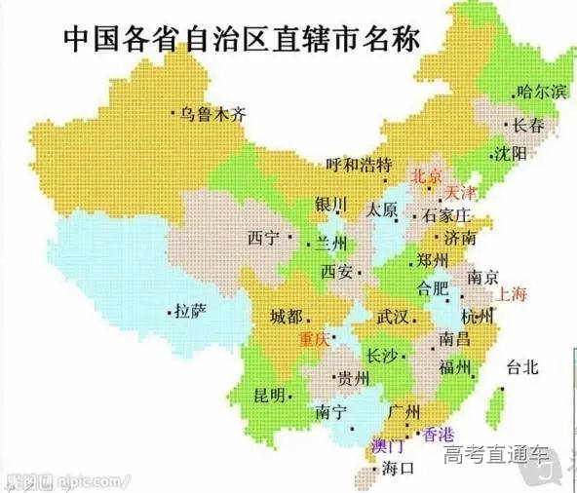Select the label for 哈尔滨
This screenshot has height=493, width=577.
pos(543,93)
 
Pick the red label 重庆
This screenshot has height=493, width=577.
pos(314,338)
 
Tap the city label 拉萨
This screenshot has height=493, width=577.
pos(191,311)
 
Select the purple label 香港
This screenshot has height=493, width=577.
pos(434,434)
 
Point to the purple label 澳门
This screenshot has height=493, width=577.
pos(389,446)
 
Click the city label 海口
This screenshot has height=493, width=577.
pos(399,469)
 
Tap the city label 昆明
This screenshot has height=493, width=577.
pos(270,395)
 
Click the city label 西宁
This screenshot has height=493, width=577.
pos(263,237)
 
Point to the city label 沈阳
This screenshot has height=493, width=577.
pos(511,154)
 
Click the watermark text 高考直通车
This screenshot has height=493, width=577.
pos(497,454)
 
